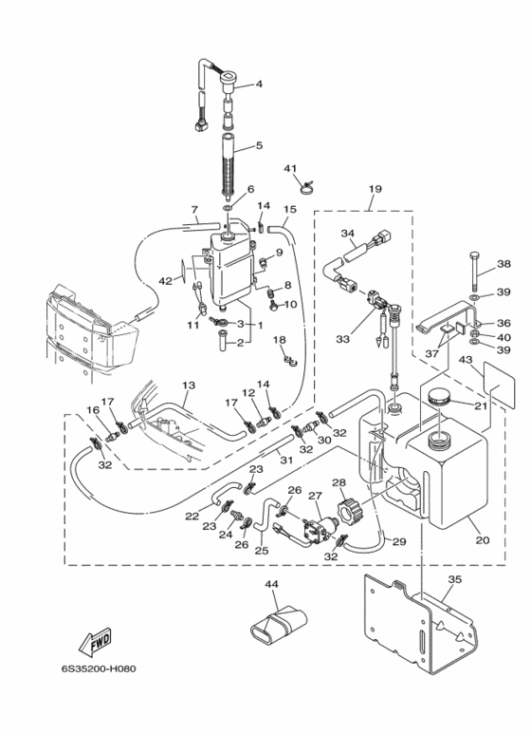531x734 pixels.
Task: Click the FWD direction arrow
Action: (x=96, y=641)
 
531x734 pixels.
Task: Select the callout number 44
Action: (x=271, y=584)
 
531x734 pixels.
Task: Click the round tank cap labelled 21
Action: (x=438, y=398)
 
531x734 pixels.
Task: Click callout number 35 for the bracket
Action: (x=455, y=579)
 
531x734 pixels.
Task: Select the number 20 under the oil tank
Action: (x=483, y=539)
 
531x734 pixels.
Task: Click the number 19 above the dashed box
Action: (x=375, y=189)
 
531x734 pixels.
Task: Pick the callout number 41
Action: (x=290, y=168)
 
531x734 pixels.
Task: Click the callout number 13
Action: (x=189, y=386)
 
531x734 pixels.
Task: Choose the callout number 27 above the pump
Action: (x=316, y=496)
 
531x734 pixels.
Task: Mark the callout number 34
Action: (x=347, y=233)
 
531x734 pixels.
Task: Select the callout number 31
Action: (x=285, y=461)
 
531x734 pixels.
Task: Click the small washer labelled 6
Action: (x=229, y=208)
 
